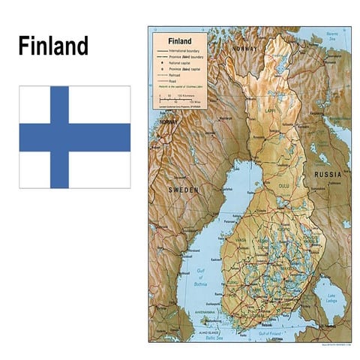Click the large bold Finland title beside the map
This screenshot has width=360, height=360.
tap(53, 46)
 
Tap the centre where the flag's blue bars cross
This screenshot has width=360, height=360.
tap(59, 137)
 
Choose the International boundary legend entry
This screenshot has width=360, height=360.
tap(188, 50)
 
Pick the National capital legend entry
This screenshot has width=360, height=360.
tap(183, 63)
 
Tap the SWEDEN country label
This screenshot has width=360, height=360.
tap(183, 190)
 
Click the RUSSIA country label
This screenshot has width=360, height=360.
tap(328, 174)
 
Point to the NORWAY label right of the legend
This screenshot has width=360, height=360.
tap(245, 48)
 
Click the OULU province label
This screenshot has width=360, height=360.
tap(283, 185)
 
